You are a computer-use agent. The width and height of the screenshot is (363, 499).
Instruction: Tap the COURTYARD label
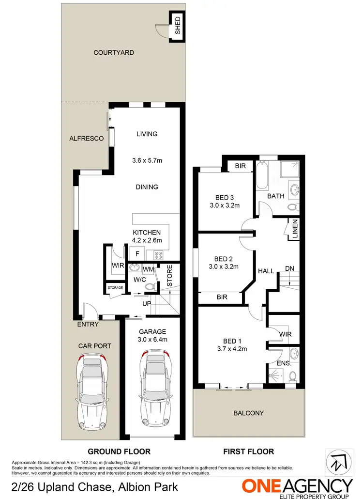point(114,52)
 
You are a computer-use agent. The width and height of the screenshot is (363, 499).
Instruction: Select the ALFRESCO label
point(87,139)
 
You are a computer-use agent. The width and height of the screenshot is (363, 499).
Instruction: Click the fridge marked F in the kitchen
point(137,253)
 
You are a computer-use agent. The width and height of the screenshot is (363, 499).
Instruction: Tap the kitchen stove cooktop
point(159,253)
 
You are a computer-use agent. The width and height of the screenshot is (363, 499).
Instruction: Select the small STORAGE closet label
point(115,288)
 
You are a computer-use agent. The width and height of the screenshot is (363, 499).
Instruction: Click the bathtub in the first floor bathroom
point(261,175)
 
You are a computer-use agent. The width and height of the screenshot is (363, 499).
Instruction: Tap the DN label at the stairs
point(289,268)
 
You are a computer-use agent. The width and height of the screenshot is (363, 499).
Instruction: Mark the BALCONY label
point(249,413)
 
